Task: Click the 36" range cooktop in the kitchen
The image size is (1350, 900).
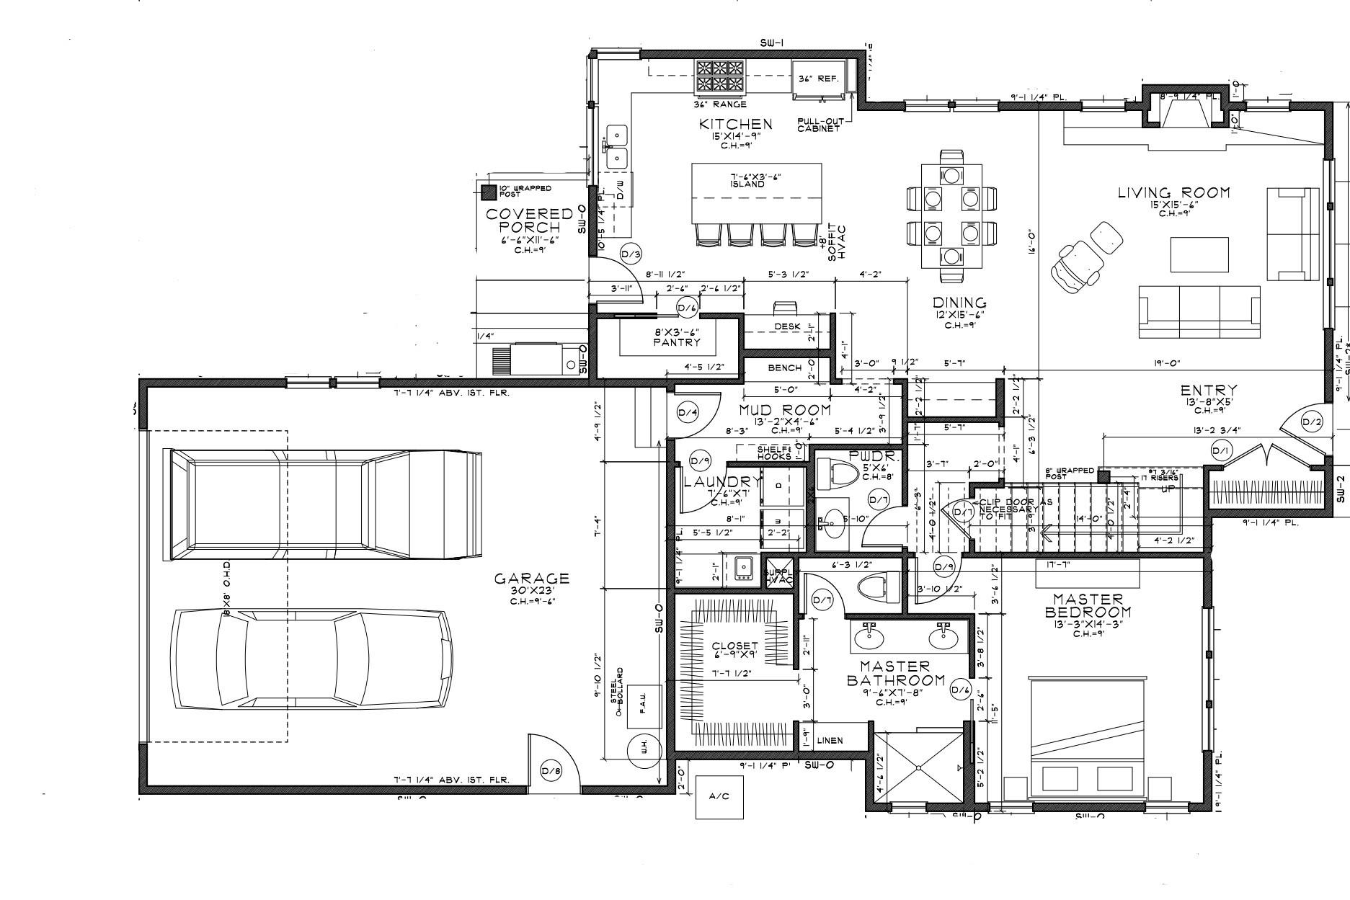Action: click(x=719, y=77)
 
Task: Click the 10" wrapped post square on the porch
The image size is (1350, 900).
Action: click(x=489, y=192)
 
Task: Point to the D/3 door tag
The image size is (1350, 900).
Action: click(x=631, y=254)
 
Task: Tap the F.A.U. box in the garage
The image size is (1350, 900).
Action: click(x=641, y=705)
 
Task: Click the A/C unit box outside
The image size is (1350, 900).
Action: click(x=719, y=796)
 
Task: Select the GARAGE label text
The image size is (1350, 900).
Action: click(x=531, y=579)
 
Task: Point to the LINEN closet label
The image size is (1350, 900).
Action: click(x=830, y=741)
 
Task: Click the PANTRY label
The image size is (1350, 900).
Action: click(x=676, y=343)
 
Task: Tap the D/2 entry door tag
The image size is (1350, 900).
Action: click(x=1312, y=423)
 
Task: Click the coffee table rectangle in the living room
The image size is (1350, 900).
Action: click(x=1199, y=254)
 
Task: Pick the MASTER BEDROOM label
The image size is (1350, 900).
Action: click(x=1088, y=606)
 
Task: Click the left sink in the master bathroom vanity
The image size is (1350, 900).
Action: click(x=871, y=636)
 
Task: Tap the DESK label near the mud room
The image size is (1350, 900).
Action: click(x=787, y=327)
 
